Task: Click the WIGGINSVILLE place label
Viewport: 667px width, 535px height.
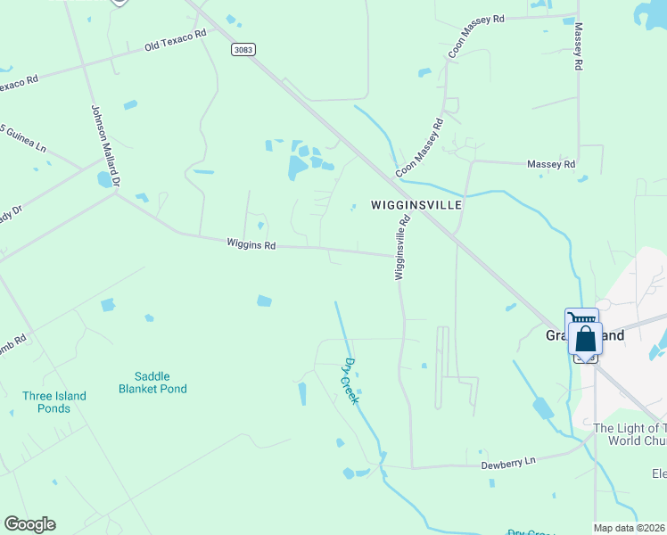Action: click(416, 205)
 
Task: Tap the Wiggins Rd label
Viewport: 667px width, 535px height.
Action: click(251, 243)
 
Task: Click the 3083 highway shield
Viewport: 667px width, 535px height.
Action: click(242, 49)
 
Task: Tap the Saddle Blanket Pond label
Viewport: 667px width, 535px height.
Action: click(153, 383)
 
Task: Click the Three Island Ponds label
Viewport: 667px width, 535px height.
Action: click(54, 402)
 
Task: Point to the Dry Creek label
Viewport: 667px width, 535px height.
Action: click(350, 381)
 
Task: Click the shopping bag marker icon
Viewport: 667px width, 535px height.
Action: click(585, 339)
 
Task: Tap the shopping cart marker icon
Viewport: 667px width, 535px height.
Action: click(581, 318)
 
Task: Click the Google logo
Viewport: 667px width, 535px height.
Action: click(29, 524)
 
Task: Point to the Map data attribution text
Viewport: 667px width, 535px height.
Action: click(630, 528)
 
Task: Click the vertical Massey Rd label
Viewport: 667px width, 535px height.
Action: click(578, 47)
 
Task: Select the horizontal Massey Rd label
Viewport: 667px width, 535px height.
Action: click(551, 164)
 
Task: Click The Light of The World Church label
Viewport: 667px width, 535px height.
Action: click(630, 434)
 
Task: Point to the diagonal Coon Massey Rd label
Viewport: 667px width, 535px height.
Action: click(419, 147)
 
